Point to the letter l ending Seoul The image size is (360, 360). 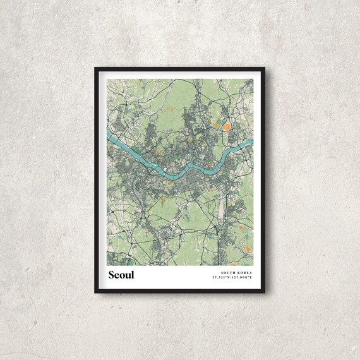(x=133, y=274)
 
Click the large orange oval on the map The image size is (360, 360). (x=225, y=127)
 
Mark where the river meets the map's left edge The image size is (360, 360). (x=107, y=135)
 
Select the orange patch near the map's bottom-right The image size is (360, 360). (x=248, y=249)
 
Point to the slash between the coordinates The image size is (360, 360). (x=233, y=277)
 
